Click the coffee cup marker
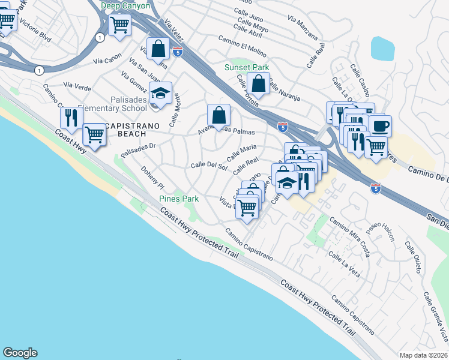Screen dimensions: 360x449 (x=380, y=127)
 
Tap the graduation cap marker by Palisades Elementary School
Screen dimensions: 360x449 (x=160, y=94)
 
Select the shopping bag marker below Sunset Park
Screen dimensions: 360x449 (x=259, y=85)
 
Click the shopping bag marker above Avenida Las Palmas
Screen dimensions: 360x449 (x=219, y=114)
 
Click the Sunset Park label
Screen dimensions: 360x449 (x=247, y=68)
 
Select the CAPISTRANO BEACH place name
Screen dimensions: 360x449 (x=133, y=125)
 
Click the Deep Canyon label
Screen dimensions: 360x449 (x=125, y=5)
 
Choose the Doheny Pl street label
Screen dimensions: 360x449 (x=152, y=179)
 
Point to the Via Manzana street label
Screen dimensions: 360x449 (x=303, y=28)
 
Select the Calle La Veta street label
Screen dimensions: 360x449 (x=344, y=265)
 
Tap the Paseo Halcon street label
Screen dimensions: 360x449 (x=382, y=229)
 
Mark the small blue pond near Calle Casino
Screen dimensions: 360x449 (x=382, y=49)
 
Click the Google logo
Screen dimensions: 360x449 (x=20, y=353)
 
